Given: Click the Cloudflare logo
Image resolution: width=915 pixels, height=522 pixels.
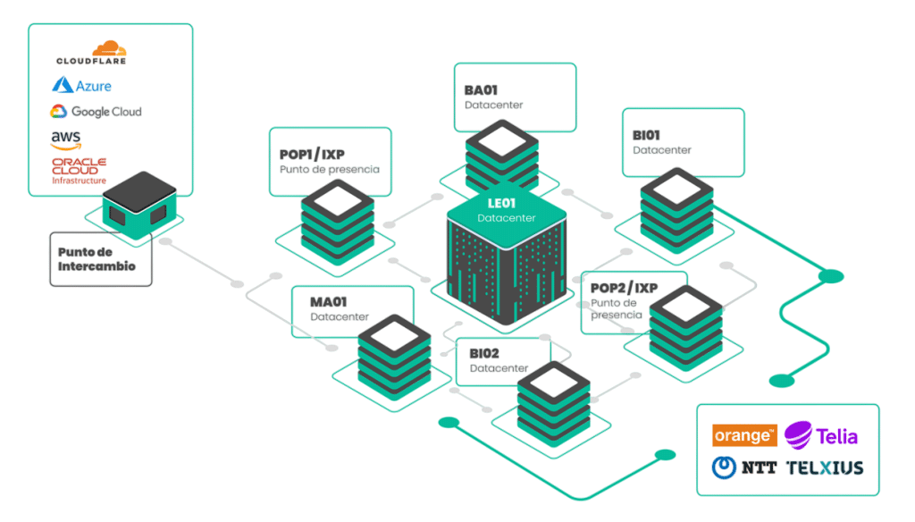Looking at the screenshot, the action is click(91, 53).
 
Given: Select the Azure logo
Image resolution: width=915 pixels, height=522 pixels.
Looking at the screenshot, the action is click(81, 85).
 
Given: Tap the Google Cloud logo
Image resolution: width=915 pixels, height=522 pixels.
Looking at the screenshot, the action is click(96, 111).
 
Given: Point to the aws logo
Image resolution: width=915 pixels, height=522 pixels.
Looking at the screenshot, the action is click(65, 140).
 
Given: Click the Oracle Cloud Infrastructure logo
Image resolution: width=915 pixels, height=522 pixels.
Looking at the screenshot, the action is click(79, 171).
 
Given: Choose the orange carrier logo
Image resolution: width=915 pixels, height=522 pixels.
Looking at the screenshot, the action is click(744, 435).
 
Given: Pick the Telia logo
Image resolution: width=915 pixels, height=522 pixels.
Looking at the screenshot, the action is click(820, 435).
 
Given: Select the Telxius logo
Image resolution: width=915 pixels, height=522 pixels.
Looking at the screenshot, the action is click(825, 467).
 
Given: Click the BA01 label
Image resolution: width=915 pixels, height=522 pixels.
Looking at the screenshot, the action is click(481, 90).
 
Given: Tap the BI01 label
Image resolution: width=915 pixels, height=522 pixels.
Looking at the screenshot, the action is click(646, 136).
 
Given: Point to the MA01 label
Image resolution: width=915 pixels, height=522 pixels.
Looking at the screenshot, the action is click(329, 302).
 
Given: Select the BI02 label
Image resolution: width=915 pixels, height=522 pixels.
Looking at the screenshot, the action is click(484, 353).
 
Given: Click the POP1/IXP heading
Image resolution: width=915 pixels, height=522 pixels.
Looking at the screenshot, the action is click(312, 154).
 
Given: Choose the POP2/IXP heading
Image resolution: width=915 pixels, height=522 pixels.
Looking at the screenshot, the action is click(625, 288).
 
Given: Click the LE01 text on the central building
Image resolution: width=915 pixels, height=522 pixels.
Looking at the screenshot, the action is click(501, 203).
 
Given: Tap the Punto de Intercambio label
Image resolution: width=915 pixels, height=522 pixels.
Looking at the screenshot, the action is click(97, 259).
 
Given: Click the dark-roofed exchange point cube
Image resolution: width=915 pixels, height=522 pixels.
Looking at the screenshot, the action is click(139, 205).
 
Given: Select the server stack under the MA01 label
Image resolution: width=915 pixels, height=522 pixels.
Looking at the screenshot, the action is click(394, 358).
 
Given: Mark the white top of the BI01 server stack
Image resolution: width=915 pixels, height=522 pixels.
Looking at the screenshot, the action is click(677, 189).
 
